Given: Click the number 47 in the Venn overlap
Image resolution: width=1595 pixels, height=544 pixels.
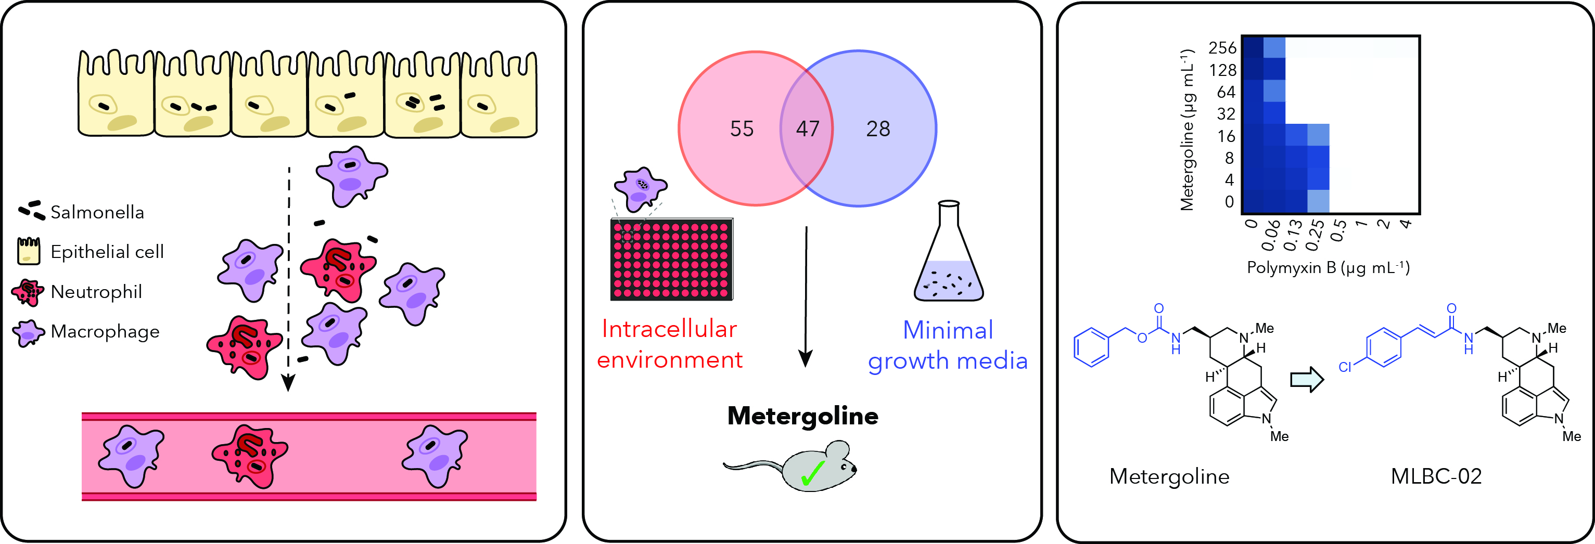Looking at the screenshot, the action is click(x=808, y=129).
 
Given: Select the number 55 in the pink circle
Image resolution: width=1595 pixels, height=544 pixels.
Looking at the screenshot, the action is click(x=742, y=129).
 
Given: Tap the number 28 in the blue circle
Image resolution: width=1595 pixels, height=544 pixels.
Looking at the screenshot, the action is click(x=878, y=129).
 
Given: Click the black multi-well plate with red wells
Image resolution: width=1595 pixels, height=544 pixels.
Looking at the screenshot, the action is click(x=672, y=258).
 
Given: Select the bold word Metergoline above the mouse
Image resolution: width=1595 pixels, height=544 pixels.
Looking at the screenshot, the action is click(x=802, y=417).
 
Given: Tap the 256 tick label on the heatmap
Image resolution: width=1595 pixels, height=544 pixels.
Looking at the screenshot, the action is click(x=1222, y=48).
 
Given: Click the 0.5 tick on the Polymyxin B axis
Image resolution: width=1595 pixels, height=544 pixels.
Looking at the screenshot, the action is click(x=1338, y=230).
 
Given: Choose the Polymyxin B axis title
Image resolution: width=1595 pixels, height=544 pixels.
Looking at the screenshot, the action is click(x=1328, y=267).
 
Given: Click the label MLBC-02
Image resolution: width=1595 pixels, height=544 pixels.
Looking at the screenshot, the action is click(x=1436, y=476).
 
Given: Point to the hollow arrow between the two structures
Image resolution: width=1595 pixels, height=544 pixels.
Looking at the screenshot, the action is click(x=1307, y=379).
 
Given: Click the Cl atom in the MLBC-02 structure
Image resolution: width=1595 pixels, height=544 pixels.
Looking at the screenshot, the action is click(x=1344, y=367).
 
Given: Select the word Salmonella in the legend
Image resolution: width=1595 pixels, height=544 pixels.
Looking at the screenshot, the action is click(x=97, y=212).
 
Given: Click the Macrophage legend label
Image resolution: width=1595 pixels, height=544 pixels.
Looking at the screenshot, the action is click(x=105, y=332).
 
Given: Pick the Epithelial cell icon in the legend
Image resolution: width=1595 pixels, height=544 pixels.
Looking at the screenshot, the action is click(x=29, y=251).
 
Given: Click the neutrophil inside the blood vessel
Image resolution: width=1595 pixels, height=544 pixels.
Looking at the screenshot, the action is click(x=250, y=456).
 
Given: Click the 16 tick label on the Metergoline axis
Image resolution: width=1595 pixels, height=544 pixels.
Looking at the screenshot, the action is click(x=1226, y=136).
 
